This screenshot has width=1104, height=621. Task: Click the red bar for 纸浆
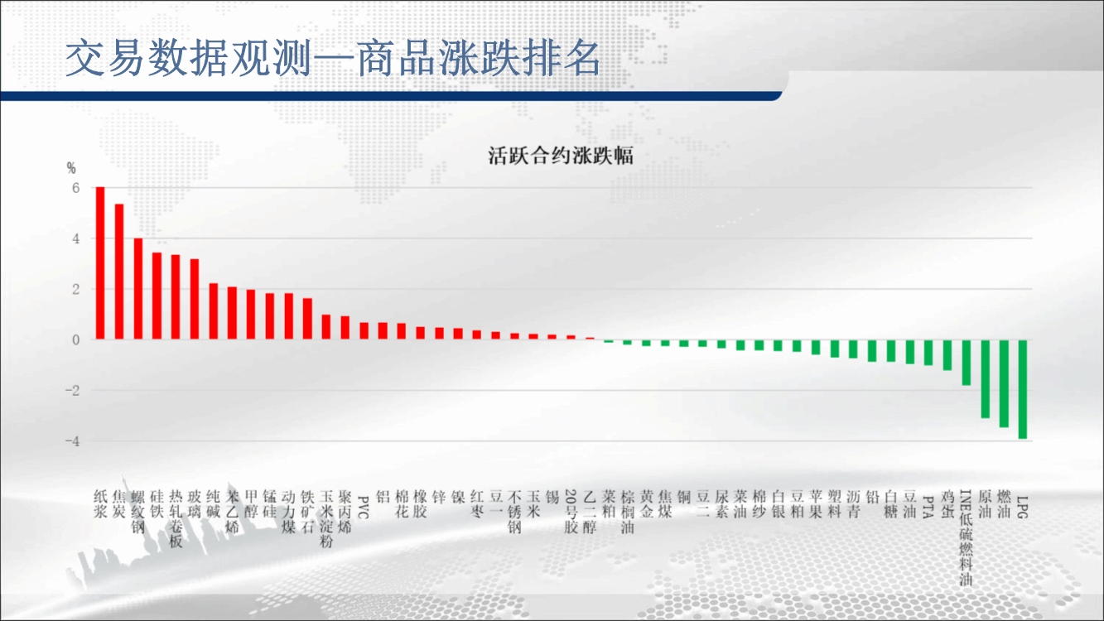point(100,263)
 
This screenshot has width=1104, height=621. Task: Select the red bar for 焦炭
point(119,272)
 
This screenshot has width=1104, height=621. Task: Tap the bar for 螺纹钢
point(138,289)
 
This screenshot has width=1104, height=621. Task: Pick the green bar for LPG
point(1023,389)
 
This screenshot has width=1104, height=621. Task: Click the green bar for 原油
point(986,379)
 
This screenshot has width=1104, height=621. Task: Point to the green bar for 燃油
point(1004,383)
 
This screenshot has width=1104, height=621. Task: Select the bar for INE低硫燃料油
point(967,363)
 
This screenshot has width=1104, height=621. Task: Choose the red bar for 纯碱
point(214,311)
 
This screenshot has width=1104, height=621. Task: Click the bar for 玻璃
point(195,299)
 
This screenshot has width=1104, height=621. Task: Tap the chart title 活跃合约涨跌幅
point(561,156)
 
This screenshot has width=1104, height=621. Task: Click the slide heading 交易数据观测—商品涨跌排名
point(333,58)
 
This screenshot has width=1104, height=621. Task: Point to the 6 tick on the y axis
point(75,188)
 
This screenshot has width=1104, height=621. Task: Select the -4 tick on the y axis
point(72,441)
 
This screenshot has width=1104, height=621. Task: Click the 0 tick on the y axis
point(75,339)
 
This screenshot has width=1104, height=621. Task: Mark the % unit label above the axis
point(71,169)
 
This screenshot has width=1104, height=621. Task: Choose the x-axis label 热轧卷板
point(176,518)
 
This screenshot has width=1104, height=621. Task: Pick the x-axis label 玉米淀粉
point(326,518)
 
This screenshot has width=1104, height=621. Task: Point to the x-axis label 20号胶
point(571,512)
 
